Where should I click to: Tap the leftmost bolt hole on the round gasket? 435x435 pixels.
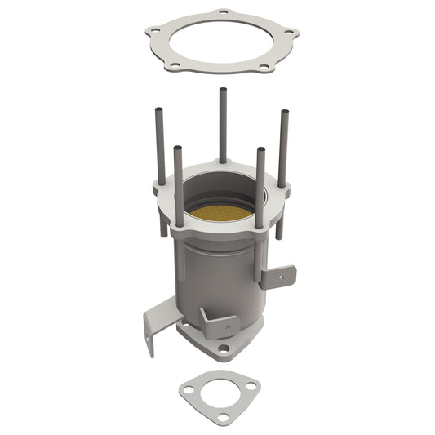pos(152,32)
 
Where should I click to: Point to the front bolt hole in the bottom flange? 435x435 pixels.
pos(223,348)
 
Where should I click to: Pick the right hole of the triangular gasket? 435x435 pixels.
pos(251,385)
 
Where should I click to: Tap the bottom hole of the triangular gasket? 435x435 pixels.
pos(223,417)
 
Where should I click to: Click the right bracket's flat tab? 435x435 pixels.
pos(278,277)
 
